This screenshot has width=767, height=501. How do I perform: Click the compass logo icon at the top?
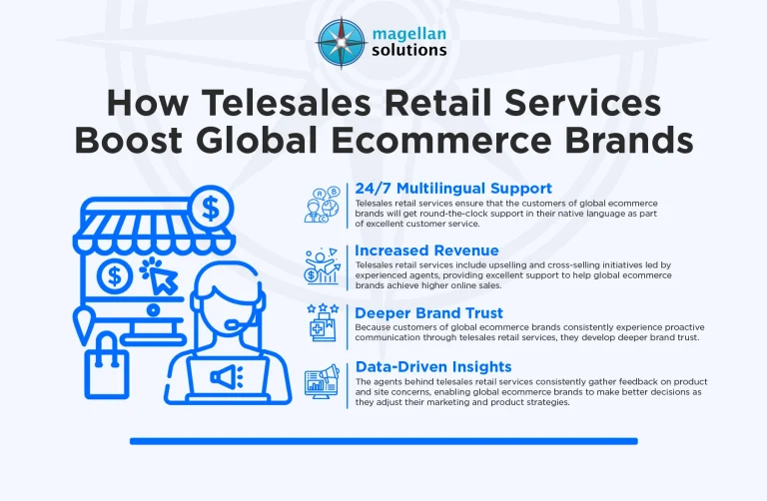point(342,40)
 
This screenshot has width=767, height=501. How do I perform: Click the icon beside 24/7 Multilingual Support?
point(325,204)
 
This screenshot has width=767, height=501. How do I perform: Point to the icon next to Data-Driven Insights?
point(325,383)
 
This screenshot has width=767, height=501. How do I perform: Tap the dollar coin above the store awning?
point(211,208)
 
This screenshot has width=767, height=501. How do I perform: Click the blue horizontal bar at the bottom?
point(383,440)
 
